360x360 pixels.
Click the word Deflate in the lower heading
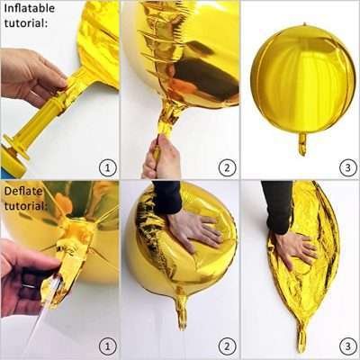point(22,191)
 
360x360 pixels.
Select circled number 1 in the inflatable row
point(107,166)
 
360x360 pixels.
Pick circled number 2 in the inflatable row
point(227,166)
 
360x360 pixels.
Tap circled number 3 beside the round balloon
point(346,166)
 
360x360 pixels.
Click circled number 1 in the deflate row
point(107,346)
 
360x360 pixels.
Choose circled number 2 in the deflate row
point(227,346)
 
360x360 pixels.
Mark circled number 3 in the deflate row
point(346,346)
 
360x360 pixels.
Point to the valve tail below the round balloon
point(301,143)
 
